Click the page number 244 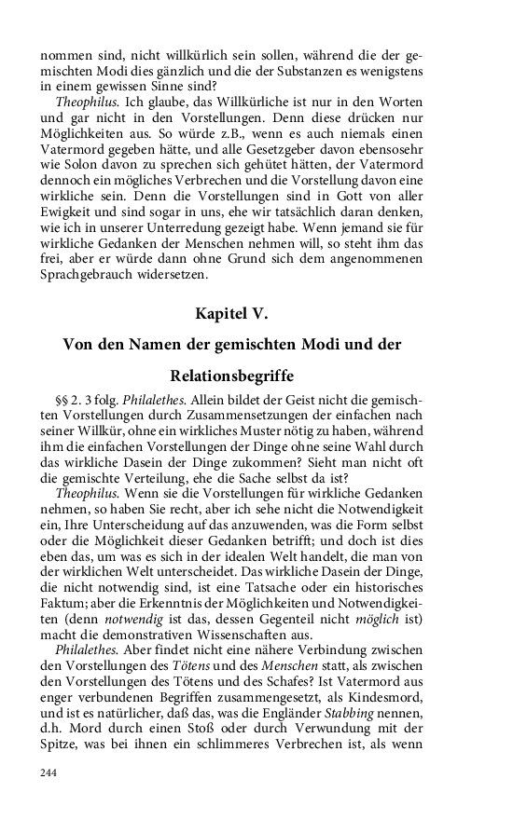(49, 772)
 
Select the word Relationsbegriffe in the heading (232, 376)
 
